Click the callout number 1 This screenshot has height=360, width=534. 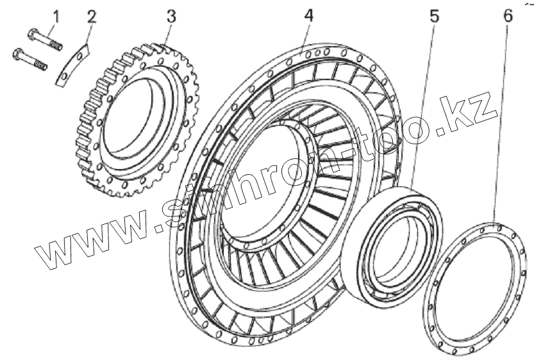(56, 15)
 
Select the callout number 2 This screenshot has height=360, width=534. (92, 16)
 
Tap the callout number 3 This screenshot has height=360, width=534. (171, 16)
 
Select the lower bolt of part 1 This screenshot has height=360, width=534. (31, 60)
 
